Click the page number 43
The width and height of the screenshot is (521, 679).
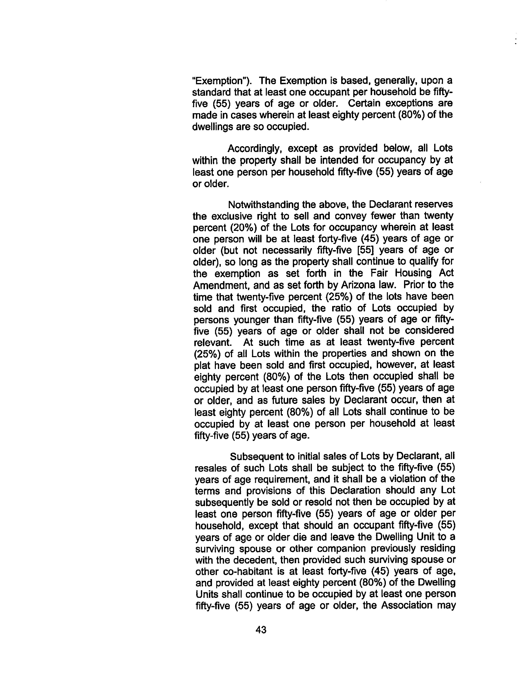point(261,630)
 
